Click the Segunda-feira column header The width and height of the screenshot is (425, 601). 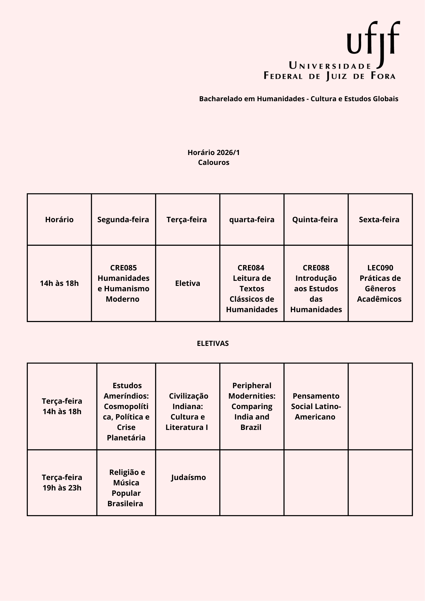pos(123,220)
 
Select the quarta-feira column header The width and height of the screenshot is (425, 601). pos(252,220)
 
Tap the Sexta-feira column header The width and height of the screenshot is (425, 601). pos(379,220)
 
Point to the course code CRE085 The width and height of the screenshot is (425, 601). pos(123,268)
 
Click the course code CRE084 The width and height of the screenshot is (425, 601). pos(251,268)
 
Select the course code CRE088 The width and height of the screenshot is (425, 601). pos(316,268)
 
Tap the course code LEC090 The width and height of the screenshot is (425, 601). pos(380,268)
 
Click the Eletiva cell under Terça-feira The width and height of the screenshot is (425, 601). pos(187,283)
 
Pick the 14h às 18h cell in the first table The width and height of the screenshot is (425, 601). pos(59,283)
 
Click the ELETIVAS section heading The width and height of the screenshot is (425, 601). pos(213,343)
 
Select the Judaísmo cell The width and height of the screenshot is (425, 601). pos(188,477)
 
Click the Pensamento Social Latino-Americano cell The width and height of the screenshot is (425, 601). pos(316,406)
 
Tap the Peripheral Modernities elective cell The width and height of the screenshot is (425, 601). pos(252,406)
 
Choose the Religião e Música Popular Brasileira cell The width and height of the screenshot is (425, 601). pos(126,488)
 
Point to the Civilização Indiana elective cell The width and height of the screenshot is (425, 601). pos(187,411)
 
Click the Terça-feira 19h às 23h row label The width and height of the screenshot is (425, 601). pos(62,482)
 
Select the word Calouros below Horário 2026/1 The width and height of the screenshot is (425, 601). pos(213,162)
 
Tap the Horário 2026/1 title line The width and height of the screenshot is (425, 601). pos(213,153)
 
